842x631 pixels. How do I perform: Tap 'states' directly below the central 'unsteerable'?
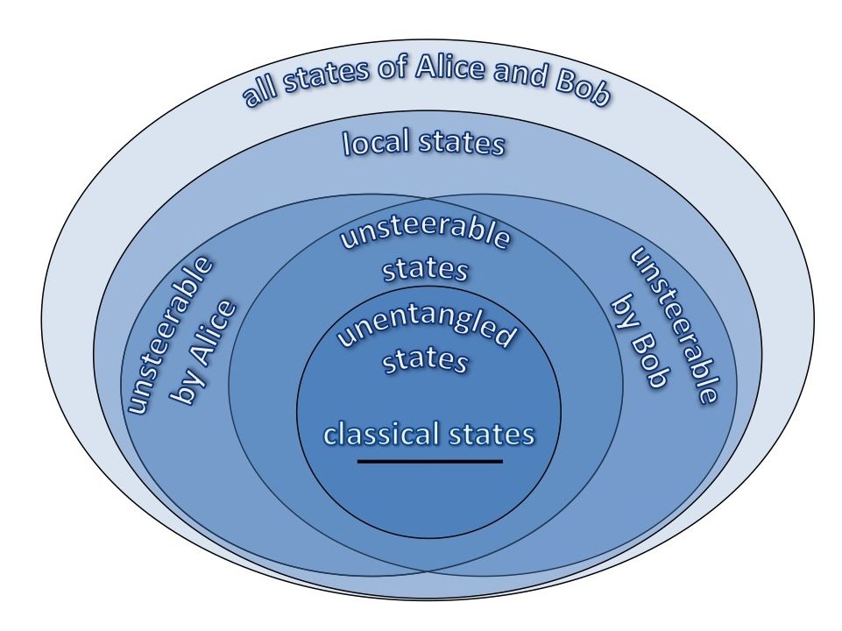coord(425,269)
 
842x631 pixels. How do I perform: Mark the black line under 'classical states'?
coord(429,461)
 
